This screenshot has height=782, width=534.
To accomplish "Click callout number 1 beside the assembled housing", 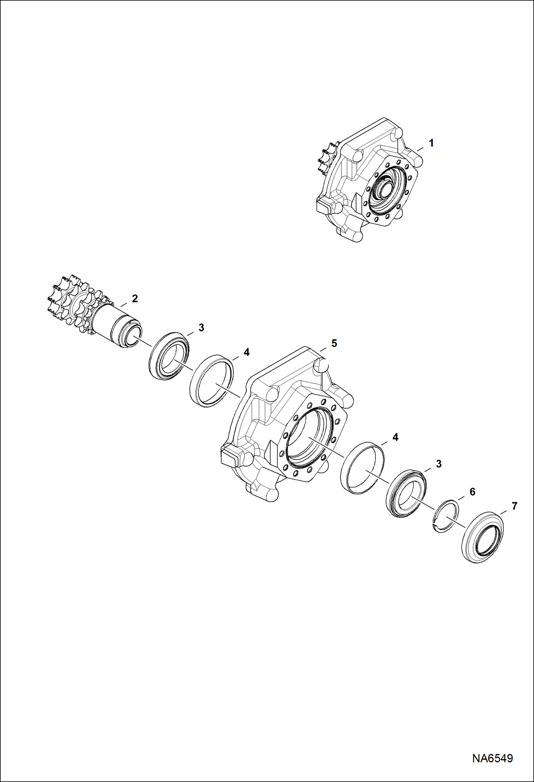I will pyautogui.click(x=431, y=143).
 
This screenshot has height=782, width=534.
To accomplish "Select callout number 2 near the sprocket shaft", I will pyautogui.click(x=135, y=298).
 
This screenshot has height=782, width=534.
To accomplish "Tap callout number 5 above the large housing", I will pyautogui.click(x=334, y=343).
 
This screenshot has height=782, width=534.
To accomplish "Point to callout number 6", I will pyautogui.click(x=472, y=492).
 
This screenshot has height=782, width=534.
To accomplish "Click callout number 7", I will pyautogui.click(x=514, y=506).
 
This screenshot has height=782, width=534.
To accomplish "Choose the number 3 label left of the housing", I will pyautogui.click(x=201, y=328).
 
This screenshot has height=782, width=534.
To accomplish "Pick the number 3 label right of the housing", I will pyautogui.click(x=439, y=464).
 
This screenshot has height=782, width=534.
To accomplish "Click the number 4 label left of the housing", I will pyautogui.click(x=246, y=352).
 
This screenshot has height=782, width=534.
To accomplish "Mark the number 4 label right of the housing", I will pyautogui.click(x=395, y=437).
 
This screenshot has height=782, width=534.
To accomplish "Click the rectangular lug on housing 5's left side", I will pyautogui.click(x=229, y=457).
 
